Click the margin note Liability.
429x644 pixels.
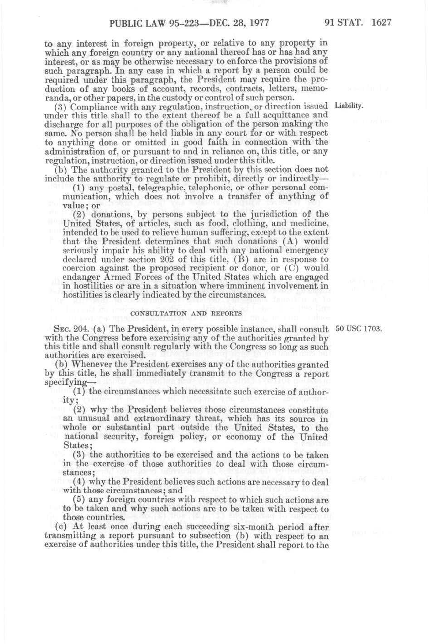(349, 106)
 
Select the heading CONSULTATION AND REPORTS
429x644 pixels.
(186, 313)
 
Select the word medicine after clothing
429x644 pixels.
(309, 223)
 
